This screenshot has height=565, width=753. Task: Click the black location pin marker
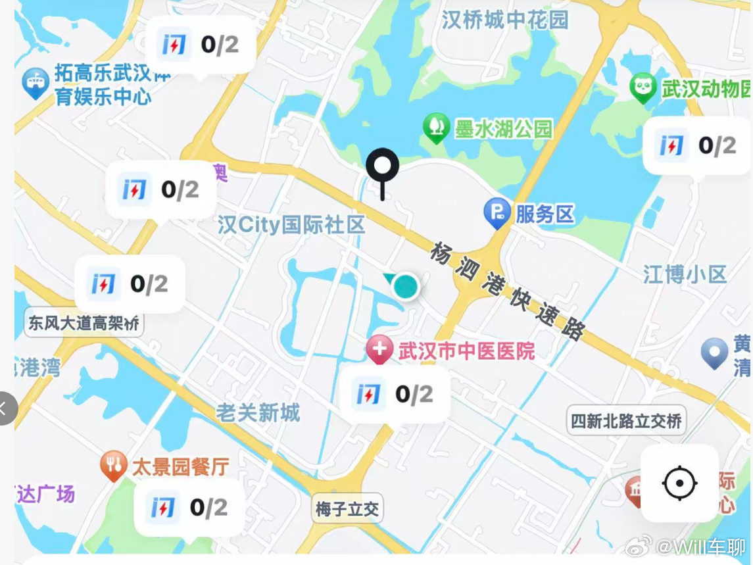pos(382,167)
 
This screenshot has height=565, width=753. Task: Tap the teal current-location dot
pos(405,287)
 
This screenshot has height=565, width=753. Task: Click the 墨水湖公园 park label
pos(504,129)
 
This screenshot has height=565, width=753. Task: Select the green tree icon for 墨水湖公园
pos(436,126)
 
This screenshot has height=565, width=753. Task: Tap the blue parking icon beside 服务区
pos(497,212)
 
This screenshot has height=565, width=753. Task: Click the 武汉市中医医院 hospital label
pos(466,351)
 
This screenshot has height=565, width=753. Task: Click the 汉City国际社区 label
pos(291,225)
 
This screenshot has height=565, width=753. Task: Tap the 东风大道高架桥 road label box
pos(84,324)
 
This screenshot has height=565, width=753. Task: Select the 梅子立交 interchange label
pos(347,508)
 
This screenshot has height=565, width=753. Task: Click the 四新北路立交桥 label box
pos(626,420)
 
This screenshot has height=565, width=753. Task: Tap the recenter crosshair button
pos(679,483)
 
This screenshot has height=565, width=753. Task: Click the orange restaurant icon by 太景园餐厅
pos(114,465)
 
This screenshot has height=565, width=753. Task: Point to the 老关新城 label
pos(258,412)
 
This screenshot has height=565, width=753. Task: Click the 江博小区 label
pos(685,274)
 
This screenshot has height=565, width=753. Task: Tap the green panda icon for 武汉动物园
pos(643,87)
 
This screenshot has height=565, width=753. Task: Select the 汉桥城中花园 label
pos(504,20)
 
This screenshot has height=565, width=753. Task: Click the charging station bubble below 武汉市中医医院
pos(395,394)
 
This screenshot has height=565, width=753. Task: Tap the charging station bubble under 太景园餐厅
pos(189,507)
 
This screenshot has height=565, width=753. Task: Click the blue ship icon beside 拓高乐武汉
pos(36,83)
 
